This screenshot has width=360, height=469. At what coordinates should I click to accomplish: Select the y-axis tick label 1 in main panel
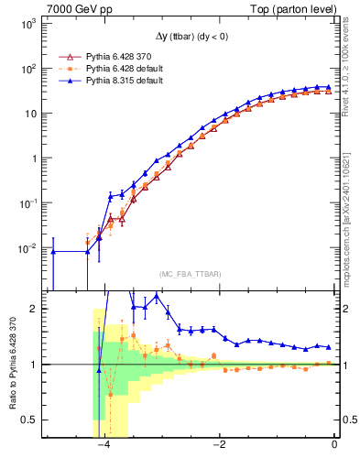point(33,158)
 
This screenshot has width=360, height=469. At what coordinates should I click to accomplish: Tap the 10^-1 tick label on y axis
point(27,203)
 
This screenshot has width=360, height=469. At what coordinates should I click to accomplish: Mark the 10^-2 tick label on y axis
point(27,248)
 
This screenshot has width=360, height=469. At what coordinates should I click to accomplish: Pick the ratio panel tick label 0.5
point(30,420)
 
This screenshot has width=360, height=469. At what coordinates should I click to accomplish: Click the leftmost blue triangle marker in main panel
point(53,252)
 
